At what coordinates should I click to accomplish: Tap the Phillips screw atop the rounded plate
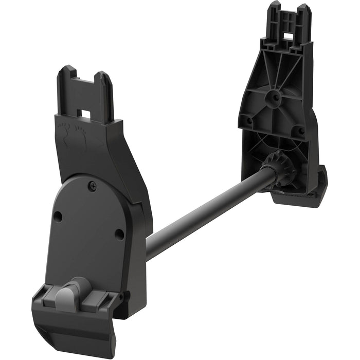click(92, 186)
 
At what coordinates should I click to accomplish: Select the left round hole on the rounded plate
click(58, 217)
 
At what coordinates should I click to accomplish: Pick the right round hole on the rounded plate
click(119, 235)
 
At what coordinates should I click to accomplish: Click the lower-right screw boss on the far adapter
click(298, 132)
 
